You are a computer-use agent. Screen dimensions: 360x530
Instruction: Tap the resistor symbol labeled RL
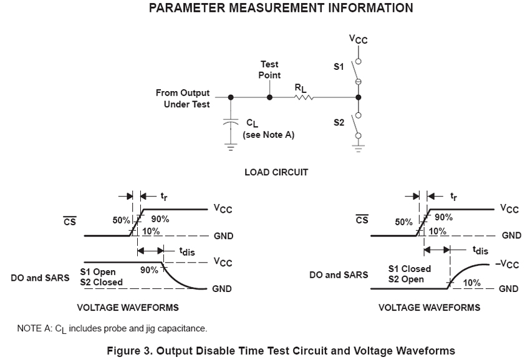click(304, 97)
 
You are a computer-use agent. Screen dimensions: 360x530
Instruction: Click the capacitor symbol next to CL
click(231, 124)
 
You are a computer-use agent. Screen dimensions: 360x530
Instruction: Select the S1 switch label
click(339, 67)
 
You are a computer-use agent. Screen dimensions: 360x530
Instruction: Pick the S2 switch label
click(339, 122)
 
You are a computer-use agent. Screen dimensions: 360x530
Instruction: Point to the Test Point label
click(269, 69)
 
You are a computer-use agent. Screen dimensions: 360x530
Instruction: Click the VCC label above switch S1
click(358, 39)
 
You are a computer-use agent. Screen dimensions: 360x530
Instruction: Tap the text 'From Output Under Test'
click(183, 99)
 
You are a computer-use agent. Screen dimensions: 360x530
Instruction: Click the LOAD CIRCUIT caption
click(276, 172)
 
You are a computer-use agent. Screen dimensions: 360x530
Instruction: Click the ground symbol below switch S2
click(358, 149)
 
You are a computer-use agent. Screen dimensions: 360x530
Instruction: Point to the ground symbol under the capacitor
click(231, 148)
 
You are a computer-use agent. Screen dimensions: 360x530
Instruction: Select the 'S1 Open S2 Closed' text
click(102, 277)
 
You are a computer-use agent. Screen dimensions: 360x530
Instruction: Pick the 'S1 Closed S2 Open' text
click(410, 274)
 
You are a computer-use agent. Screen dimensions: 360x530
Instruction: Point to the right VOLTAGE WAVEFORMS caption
click(430, 308)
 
